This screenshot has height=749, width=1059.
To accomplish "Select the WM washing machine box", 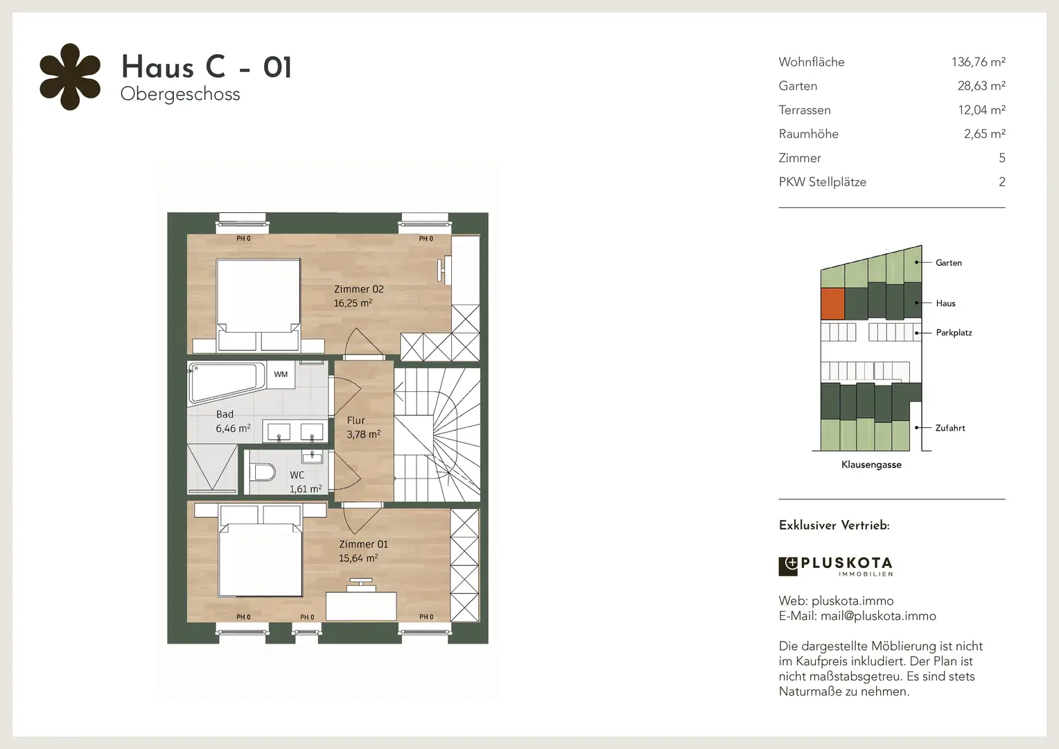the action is pyautogui.click(x=281, y=374).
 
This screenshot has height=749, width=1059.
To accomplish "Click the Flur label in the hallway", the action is pyautogui.click(x=356, y=420).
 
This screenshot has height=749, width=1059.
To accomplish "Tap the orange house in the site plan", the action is pyautogui.click(x=832, y=303).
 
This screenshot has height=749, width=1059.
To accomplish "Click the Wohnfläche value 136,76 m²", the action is pyautogui.click(x=978, y=62).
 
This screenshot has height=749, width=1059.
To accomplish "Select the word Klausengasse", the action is pyautogui.click(x=871, y=465).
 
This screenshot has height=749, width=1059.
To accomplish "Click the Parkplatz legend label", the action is pyautogui.click(x=954, y=333).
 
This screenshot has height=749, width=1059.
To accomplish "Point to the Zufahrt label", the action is pyautogui.click(x=950, y=428).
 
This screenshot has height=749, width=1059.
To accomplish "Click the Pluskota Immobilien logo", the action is pyautogui.click(x=836, y=567).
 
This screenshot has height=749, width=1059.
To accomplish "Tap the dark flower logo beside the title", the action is pyautogui.click(x=70, y=77).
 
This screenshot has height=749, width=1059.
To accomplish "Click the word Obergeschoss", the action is pyautogui.click(x=180, y=94).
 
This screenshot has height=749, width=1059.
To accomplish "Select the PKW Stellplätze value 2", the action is pyautogui.click(x=1001, y=182).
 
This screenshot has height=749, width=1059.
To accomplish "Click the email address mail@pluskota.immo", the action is pyautogui.click(x=878, y=616).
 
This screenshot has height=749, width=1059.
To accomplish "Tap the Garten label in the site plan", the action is pyautogui.click(x=949, y=263).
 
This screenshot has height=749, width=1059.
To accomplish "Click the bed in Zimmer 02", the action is pyautogui.click(x=258, y=305).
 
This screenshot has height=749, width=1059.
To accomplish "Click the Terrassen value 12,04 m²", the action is pyautogui.click(x=982, y=110).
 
